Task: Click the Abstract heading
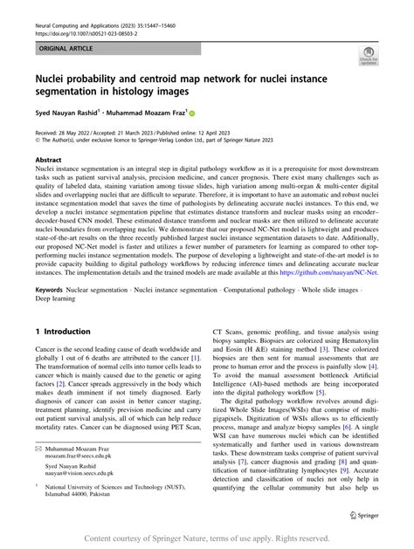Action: [x=48, y=161]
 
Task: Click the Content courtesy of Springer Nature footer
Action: [x=206, y=539]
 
